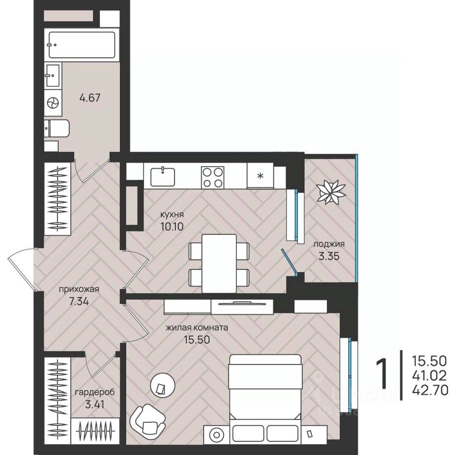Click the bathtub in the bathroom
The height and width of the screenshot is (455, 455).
pyautogui.click(x=82, y=45)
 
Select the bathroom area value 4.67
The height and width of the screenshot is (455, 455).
pyautogui.click(x=90, y=98)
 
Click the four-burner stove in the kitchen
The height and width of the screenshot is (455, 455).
pyautogui.click(x=213, y=177)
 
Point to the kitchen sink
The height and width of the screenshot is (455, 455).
pyautogui.click(x=163, y=177)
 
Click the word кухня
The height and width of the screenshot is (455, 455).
pyautogui.click(x=172, y=215)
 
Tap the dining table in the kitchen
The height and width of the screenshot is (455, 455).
pyautogui.click(x=219, y=264)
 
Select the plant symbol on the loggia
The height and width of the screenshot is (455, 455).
pyautogui.click(x=331, y=192)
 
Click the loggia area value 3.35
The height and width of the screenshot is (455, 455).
pyautogui.click(x=329, y=256)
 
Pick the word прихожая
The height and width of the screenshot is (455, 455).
pyautogui.click(x=79, y=289)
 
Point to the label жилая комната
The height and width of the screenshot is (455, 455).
pyautogui.click(x=197, y=327)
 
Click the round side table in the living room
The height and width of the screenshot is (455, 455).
pyautogui.click(x=163, y=385)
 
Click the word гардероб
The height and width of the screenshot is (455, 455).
pyautogui.click(x=95, y=392)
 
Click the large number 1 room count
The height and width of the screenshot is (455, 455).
pyautogui.click(x=382, y=374)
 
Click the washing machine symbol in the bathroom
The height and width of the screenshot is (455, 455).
pyautogui.click(x=53, y=103)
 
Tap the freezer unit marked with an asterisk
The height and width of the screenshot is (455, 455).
pyautogui.click(x=260, y=176)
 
